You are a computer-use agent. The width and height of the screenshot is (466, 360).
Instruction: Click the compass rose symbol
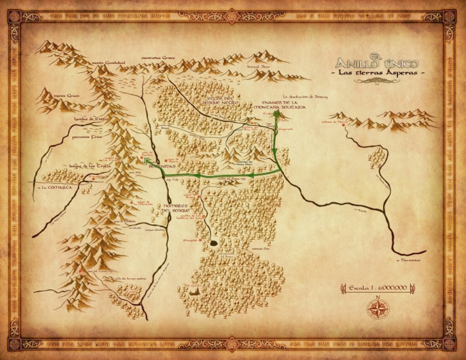pos(377,308)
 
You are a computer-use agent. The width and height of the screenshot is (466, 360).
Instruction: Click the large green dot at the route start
pos(276,114)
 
